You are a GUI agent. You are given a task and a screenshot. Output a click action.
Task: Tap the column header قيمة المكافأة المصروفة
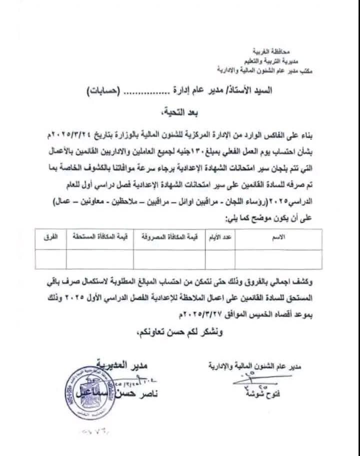point(170,238)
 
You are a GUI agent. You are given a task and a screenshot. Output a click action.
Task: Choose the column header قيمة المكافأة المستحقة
point(98,238)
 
